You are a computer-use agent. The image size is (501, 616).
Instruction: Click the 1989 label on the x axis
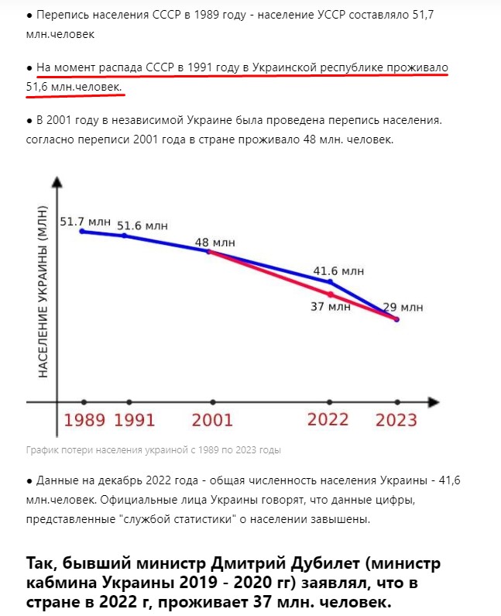tap(84, 421)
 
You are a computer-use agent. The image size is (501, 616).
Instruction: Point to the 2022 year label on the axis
tap(328, 420)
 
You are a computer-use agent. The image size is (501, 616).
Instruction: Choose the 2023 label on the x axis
tap(396, 421)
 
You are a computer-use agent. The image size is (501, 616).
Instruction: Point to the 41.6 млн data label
tap(338, 271)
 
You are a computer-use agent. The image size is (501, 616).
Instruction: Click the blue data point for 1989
tap(83, 231)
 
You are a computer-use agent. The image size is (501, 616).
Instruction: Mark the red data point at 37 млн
tap(331, 294)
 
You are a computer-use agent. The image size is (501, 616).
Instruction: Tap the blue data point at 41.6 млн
tap(331, 281)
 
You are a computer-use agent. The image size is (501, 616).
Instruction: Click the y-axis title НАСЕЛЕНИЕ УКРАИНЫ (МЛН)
tap(44, 297)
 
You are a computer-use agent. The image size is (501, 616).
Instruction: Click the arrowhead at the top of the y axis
tap(56, 184)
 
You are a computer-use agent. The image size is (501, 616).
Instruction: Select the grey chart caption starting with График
tap(153, 449)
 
